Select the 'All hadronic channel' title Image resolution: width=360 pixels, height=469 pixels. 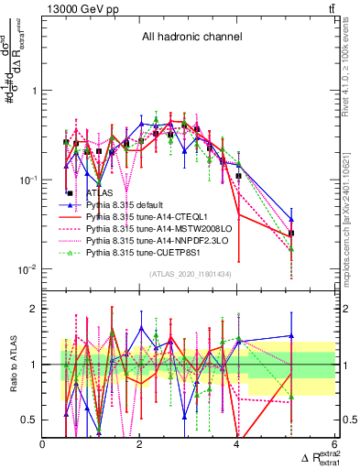tap(191, 38)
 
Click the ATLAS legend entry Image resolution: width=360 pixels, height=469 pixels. tap(99, 193)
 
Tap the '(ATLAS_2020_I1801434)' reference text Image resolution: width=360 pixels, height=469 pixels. tap(191, 273)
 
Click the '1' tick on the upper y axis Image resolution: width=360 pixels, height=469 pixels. tap(33, 91)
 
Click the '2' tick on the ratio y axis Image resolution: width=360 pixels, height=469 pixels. tap(33, 309)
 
